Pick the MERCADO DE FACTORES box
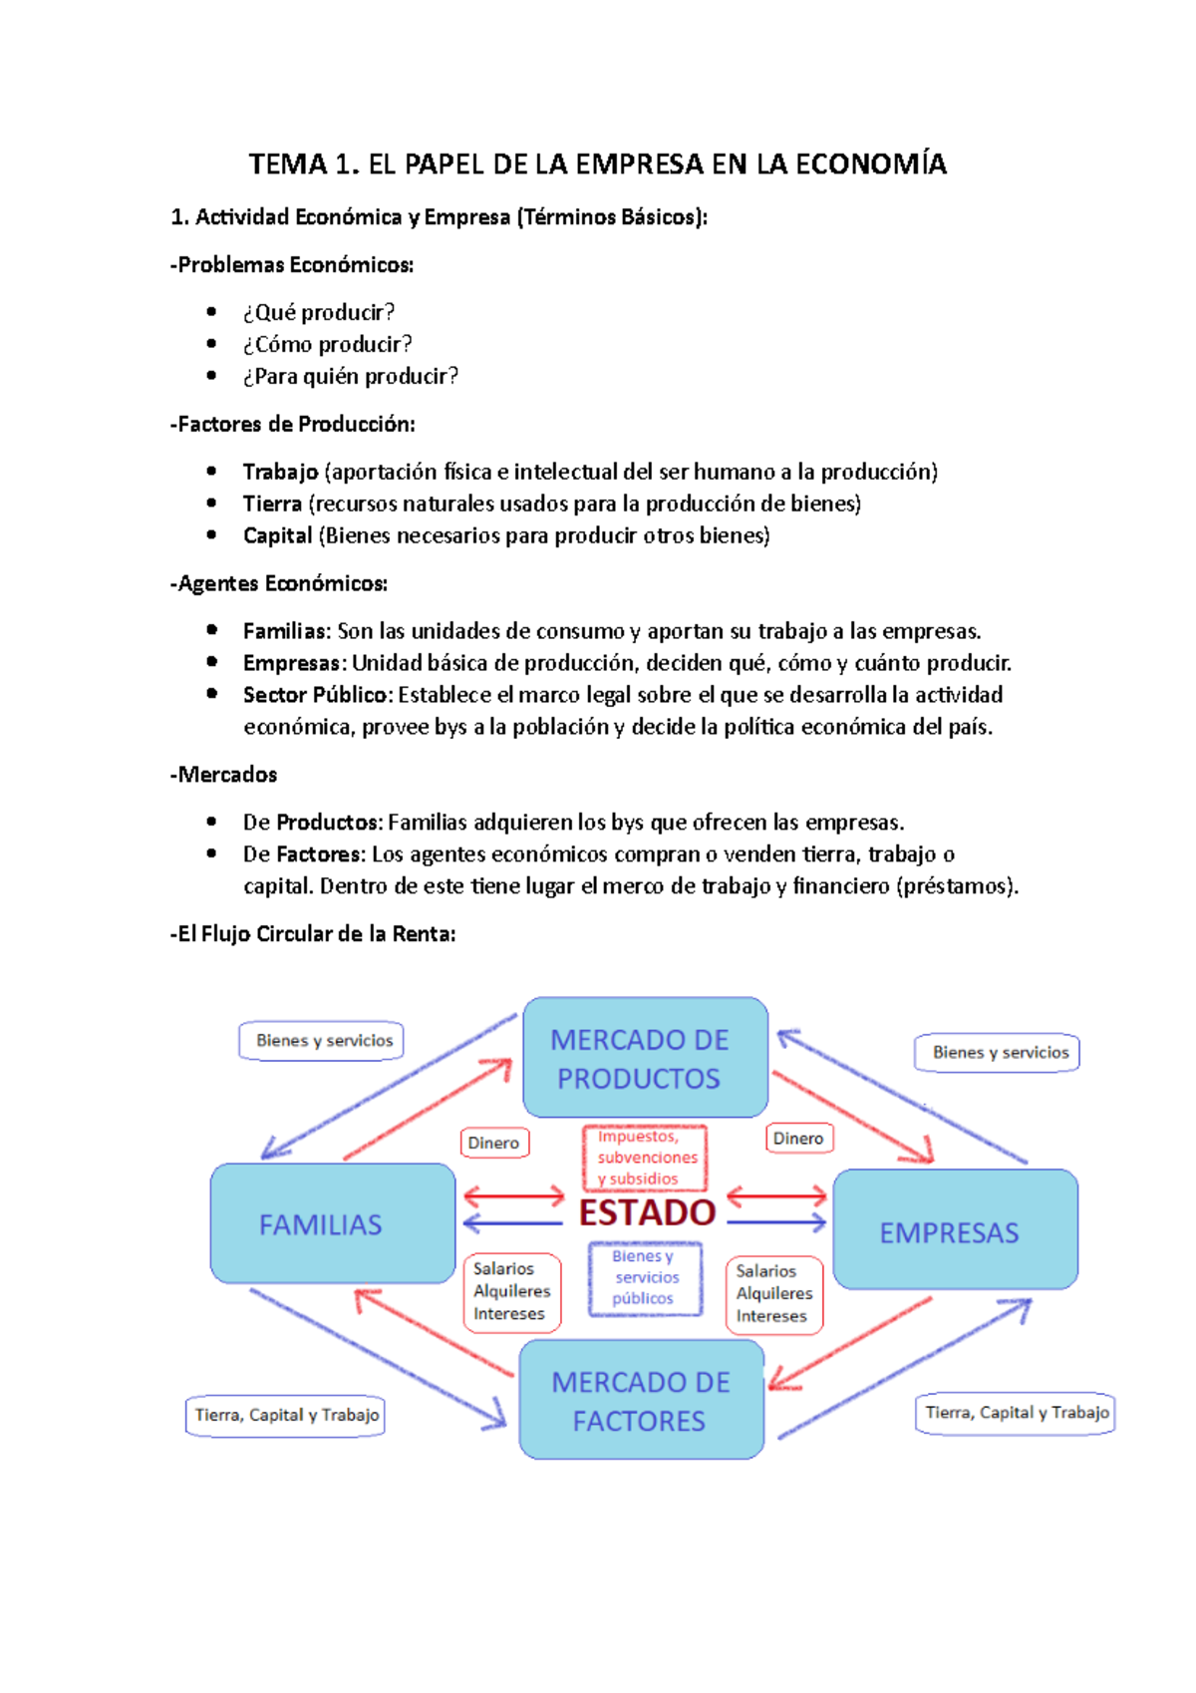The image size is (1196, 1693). [641, 1400]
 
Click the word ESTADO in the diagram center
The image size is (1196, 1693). [647, 1213]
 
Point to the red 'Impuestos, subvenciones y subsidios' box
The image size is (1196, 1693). [645, 1158]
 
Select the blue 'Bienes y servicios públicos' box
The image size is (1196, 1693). [645, 1277]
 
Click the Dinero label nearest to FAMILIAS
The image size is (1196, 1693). [493, 1143]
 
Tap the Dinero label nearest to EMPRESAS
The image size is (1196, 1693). [798, 1139]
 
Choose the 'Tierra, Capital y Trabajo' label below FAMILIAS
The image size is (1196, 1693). [286, 1415]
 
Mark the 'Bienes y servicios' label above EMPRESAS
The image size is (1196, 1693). [1000, 1053]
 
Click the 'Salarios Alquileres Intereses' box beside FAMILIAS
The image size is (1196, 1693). [511, 1292]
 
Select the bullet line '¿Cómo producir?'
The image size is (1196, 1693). [327, 344]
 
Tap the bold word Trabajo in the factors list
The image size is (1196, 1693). [280, 472]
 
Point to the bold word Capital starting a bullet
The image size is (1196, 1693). [277, 535]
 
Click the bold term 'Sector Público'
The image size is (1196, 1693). [315, 695]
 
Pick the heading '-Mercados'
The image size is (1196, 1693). [224, 775]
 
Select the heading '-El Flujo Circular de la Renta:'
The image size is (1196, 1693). [313, 934]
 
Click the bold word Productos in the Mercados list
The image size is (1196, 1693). [328, 823]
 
